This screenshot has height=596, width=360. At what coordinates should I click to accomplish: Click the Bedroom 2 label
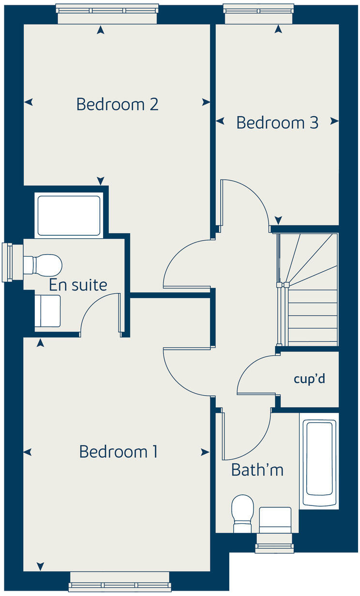tap(118, 104)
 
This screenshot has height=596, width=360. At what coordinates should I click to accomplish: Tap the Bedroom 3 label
tap(277, 122)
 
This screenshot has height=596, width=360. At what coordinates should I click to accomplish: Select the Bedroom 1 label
tap(119, 452)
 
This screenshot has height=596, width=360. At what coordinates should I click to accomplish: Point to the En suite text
tap(78, 285)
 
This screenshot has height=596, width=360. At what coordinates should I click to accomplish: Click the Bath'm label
tap(257, 469)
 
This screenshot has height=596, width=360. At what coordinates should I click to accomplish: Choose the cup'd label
tap(309, 379)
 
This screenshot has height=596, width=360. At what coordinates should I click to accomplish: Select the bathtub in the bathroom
tap(319, 458)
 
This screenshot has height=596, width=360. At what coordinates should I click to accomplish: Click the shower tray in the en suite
tap(69, 215)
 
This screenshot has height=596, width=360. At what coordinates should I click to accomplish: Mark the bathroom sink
tap(275, 520)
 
